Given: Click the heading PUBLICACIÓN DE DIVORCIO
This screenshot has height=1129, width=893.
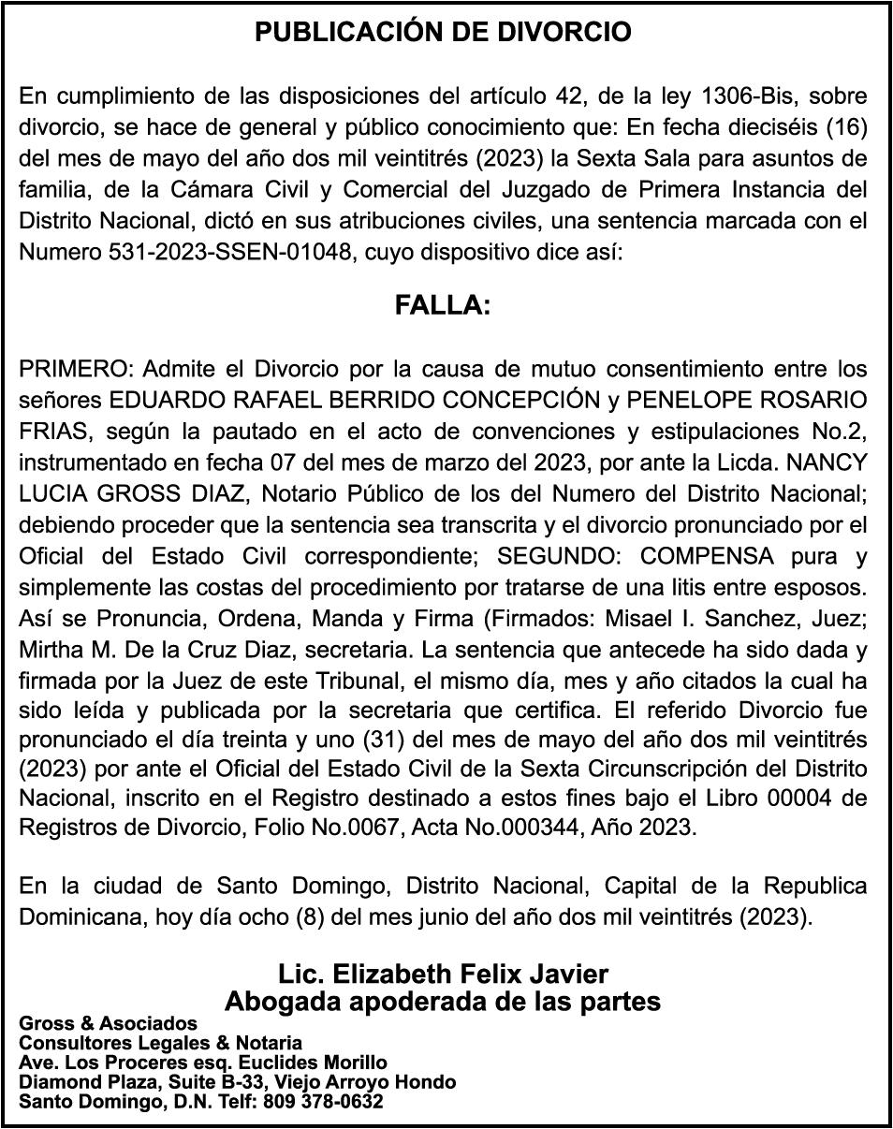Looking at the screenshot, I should point(444,33).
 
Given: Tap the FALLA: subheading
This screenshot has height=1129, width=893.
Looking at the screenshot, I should point(443,306).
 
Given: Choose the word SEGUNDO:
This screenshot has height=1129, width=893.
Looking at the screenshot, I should point(559,556).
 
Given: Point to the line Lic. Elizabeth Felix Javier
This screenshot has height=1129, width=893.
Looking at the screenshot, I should point(443,974).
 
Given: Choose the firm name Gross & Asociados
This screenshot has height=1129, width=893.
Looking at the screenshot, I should point(109,1023).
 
